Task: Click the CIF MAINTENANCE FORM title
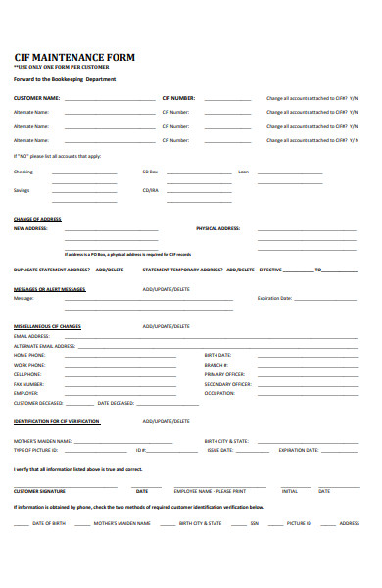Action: [x=73, y=57]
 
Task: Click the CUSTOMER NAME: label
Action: [x=36, y=98]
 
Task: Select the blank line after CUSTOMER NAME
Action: [x=102, y=99]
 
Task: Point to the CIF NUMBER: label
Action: [x=178, y=98]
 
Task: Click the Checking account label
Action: [x=24, y=171]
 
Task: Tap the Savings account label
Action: [x=22, y=190]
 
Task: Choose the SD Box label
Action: [x=150, y=171]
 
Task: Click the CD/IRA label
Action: [x=150, y=190]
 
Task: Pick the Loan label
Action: [x=244, y=171]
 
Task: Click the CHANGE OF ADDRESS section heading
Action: [x=37, y=219]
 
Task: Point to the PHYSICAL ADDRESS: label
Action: [x=218, y=228]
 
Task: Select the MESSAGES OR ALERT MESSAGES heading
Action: [x=50, y=289]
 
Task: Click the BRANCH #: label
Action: [x=215, y=365]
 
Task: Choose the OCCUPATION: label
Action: [x=220, y=393]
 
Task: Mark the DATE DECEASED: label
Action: [x=116, y=403]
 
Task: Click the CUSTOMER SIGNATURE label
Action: [x=39, y=490]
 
